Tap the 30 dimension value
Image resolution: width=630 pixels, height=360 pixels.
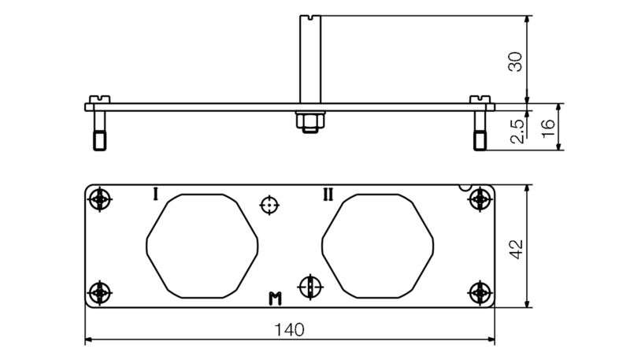point(515,60)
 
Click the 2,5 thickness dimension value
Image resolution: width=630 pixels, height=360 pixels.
point(517,132)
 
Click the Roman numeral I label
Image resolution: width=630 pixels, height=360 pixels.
point(155,193)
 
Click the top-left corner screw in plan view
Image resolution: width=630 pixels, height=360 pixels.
point(99,199)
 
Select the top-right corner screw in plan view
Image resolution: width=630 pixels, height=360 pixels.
point(480,199)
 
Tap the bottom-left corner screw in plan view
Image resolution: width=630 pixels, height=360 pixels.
point(99,292)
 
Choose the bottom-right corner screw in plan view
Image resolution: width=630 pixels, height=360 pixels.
point(480,292)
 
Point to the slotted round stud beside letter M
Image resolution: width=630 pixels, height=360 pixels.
point(311,286)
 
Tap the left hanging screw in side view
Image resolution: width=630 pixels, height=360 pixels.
point(99,130)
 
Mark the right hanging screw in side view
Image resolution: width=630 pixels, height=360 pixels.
point(480,130)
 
